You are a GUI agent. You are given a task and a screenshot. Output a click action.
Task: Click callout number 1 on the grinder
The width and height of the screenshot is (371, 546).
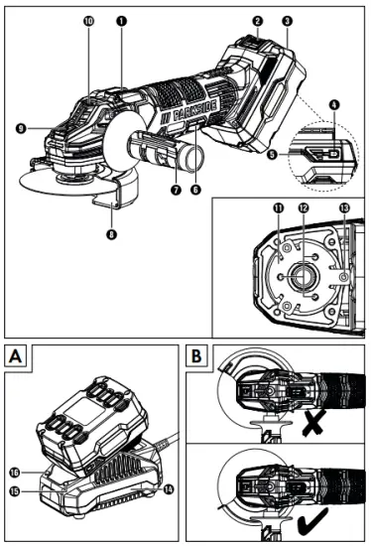122,19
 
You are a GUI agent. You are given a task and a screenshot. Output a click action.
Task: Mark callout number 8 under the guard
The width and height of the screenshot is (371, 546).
112,235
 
